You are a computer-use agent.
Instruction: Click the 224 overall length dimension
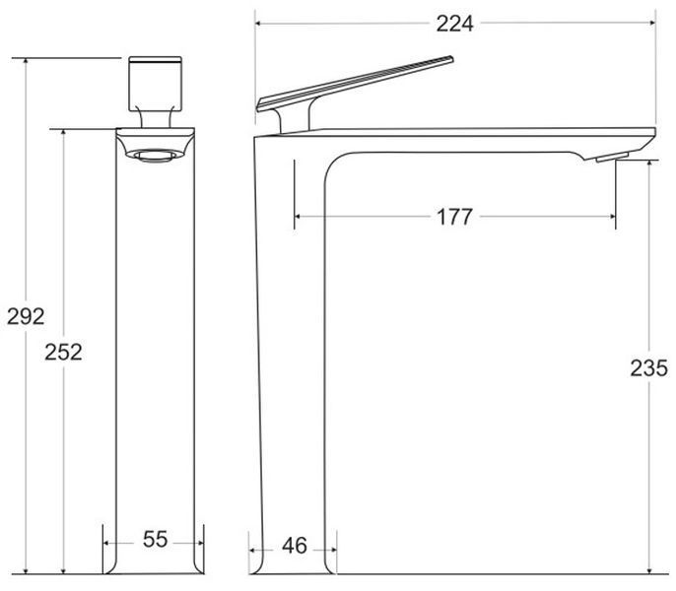tap(454, 24)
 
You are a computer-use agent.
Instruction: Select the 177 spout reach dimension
tap(454, 217)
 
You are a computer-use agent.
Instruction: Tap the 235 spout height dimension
tap(648, 368)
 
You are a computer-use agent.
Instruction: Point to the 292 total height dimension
tap(26, 317)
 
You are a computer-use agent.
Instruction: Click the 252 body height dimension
tap(63, 353)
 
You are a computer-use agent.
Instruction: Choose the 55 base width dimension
tap(156, 539)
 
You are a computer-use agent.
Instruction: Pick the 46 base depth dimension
tap(295, 546)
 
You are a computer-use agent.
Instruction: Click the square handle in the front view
tap(156, 84)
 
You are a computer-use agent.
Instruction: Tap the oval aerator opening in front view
tap(156, 156)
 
